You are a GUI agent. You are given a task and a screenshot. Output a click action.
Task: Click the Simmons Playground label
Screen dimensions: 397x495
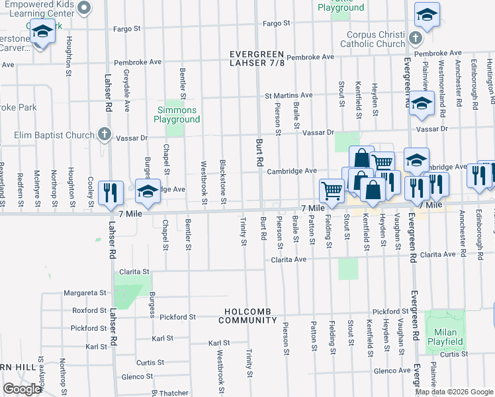(x=177, y=114)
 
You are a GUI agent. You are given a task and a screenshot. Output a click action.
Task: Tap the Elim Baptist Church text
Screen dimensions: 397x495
(x=54, y=136)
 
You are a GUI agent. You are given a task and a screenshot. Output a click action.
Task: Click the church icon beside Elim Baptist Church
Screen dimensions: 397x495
(x=104, y=135)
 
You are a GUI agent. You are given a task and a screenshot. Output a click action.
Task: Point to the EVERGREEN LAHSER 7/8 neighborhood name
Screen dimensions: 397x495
(x=257, y=58)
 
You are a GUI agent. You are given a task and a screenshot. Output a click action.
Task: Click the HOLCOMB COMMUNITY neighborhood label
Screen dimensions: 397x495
(x=249, y=316)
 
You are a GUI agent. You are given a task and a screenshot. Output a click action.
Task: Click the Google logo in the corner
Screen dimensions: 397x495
(x=22, y=389)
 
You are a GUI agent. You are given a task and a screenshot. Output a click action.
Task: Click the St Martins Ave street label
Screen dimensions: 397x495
(x=289, y=96)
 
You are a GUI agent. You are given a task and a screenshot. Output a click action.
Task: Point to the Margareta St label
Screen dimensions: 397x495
(x=85, y=292)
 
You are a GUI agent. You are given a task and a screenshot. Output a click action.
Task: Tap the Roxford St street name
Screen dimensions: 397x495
(x=89, y=310)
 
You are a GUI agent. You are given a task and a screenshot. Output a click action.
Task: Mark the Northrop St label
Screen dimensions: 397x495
(x=63, y=373)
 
